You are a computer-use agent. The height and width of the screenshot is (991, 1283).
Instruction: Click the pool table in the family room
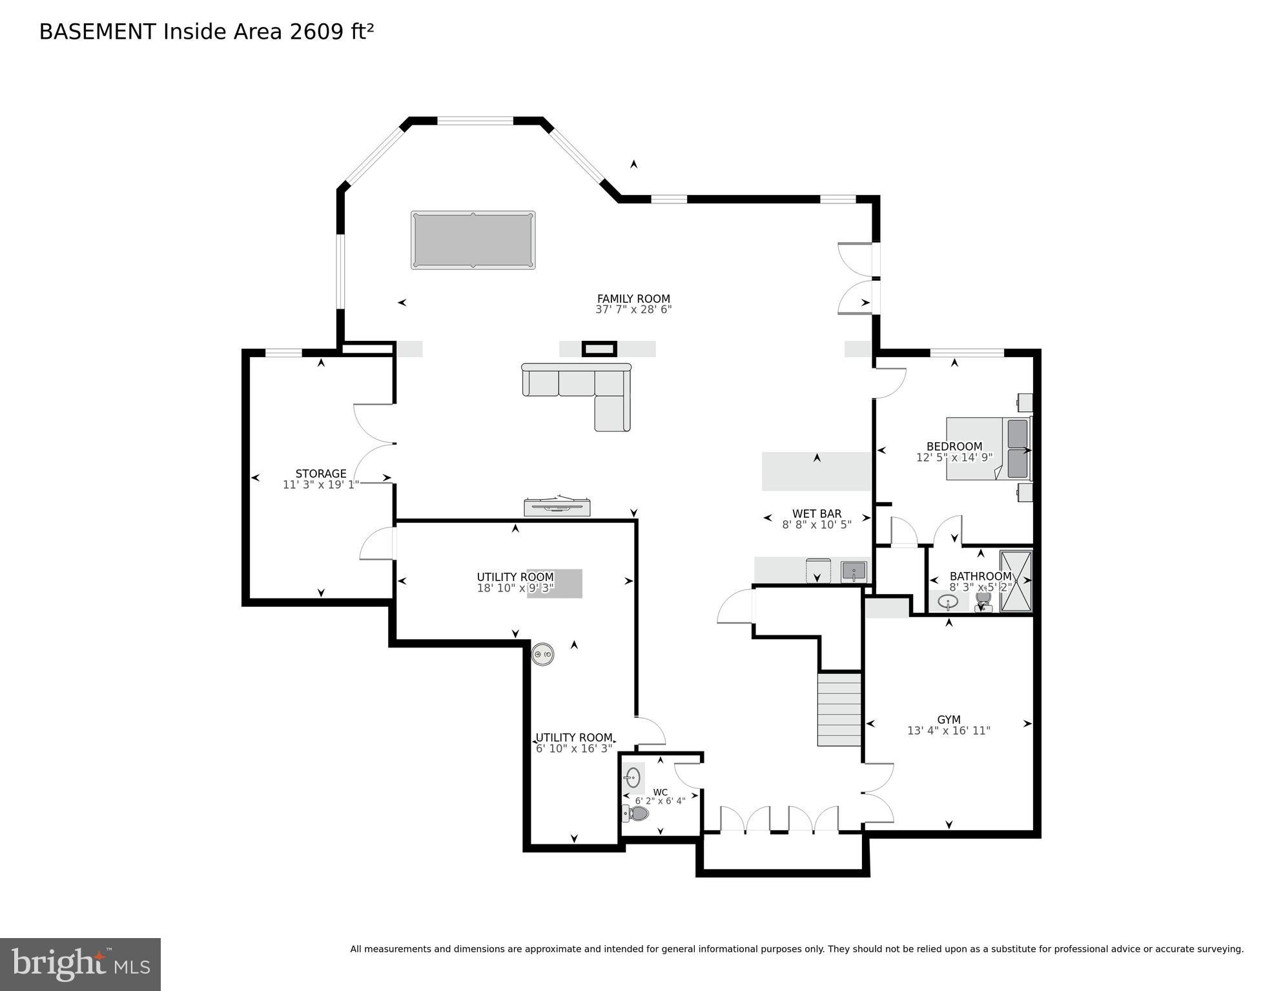click(x=473, y=240)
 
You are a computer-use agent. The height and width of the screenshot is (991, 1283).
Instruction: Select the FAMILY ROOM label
click(x=633, y=299)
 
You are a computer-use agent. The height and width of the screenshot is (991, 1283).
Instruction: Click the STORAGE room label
click(x=321, y=474)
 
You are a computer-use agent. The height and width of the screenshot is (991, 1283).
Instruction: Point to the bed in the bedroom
click(x=989, y=449)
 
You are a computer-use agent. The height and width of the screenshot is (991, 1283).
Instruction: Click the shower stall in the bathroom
click(x=1016, y=580)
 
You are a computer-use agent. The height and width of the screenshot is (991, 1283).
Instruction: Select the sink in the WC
click(x=633, y=777)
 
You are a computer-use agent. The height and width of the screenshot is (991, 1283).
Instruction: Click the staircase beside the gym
click(x=839, y=710)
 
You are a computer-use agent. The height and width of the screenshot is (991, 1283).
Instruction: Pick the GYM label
click(x=949, y=720)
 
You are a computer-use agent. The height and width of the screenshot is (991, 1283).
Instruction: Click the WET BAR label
click(x=817, y=514)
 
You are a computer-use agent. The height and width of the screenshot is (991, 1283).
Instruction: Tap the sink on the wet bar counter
click(x=854, y=571)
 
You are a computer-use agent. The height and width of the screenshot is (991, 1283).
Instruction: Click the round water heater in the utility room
click(x=542, y=655)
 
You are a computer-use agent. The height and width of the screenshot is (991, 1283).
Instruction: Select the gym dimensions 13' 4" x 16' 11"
click(x=949, y=731)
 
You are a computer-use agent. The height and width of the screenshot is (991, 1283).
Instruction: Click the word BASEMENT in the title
click(x=98, y=32)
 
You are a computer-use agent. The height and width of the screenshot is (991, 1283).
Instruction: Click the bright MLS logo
click(x=80, y=965)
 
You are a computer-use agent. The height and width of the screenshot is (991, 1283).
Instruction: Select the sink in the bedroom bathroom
click(x=948, y=602)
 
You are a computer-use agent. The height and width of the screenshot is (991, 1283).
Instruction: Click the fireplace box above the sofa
click(x=599, y=349)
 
